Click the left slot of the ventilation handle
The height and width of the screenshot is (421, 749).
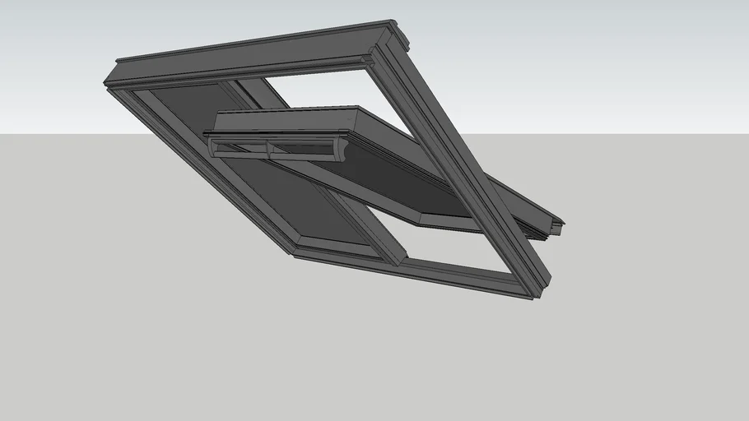click(239, 147)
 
